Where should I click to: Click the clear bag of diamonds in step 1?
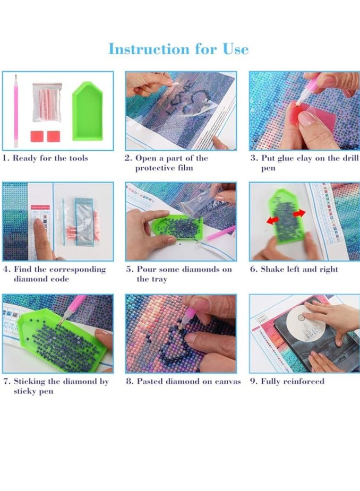[x=46, y=101]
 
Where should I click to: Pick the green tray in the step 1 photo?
[x=87, y=110]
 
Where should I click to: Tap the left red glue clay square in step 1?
[x=36, y=136]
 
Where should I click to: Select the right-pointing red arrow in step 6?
[x=299, y=213]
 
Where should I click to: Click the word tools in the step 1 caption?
[x=75, y=158]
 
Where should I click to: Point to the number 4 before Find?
[x=6, y=269]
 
